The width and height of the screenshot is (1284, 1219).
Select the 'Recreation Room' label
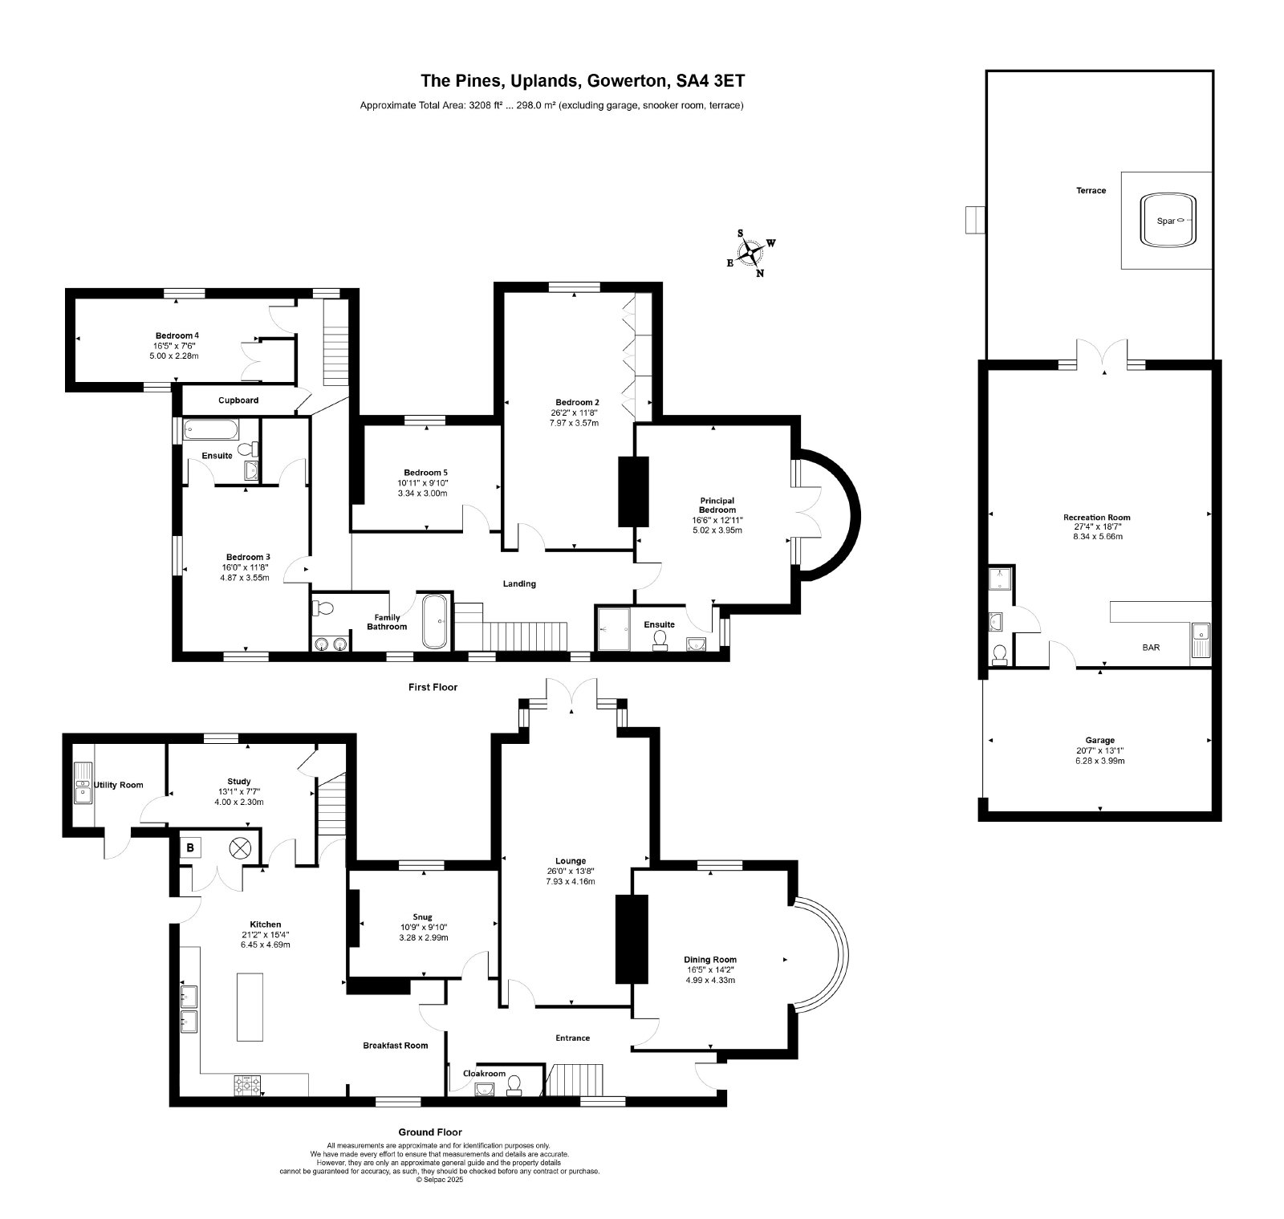1096,518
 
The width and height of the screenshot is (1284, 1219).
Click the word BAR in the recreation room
1151,647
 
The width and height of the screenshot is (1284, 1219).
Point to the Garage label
1099,740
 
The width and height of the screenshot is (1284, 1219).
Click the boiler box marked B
191,847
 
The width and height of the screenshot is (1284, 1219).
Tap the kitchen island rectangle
250,1006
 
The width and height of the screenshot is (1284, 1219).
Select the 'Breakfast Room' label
395,1045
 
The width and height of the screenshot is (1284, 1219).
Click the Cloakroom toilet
514,1085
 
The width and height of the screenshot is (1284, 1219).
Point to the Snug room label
422,916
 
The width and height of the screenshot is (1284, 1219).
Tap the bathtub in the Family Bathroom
435,621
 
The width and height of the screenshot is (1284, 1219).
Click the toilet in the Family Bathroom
323,607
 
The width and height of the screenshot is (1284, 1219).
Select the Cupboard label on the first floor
238,400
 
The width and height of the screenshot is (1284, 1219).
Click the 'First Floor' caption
432,687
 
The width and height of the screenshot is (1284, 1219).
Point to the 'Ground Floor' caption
430,1132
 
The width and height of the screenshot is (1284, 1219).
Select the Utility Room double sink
82,783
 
